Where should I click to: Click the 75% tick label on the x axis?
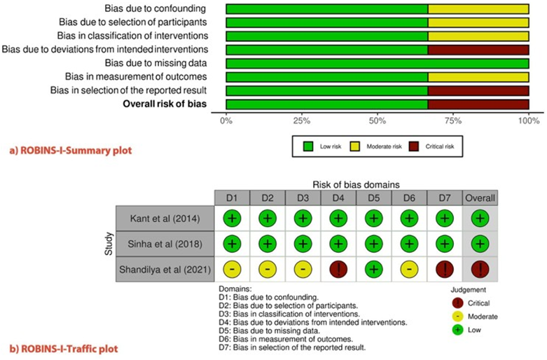453,121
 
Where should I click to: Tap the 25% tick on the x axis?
302,121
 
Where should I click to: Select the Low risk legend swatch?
307,147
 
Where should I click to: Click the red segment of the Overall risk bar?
478,104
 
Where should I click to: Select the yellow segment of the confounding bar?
478,9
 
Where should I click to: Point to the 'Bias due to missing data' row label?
155,64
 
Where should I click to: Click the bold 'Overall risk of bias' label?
165,104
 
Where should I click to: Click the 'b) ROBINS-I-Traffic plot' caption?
64,347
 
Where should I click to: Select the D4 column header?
338,198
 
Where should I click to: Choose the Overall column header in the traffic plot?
480,198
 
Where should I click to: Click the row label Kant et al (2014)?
162,218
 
